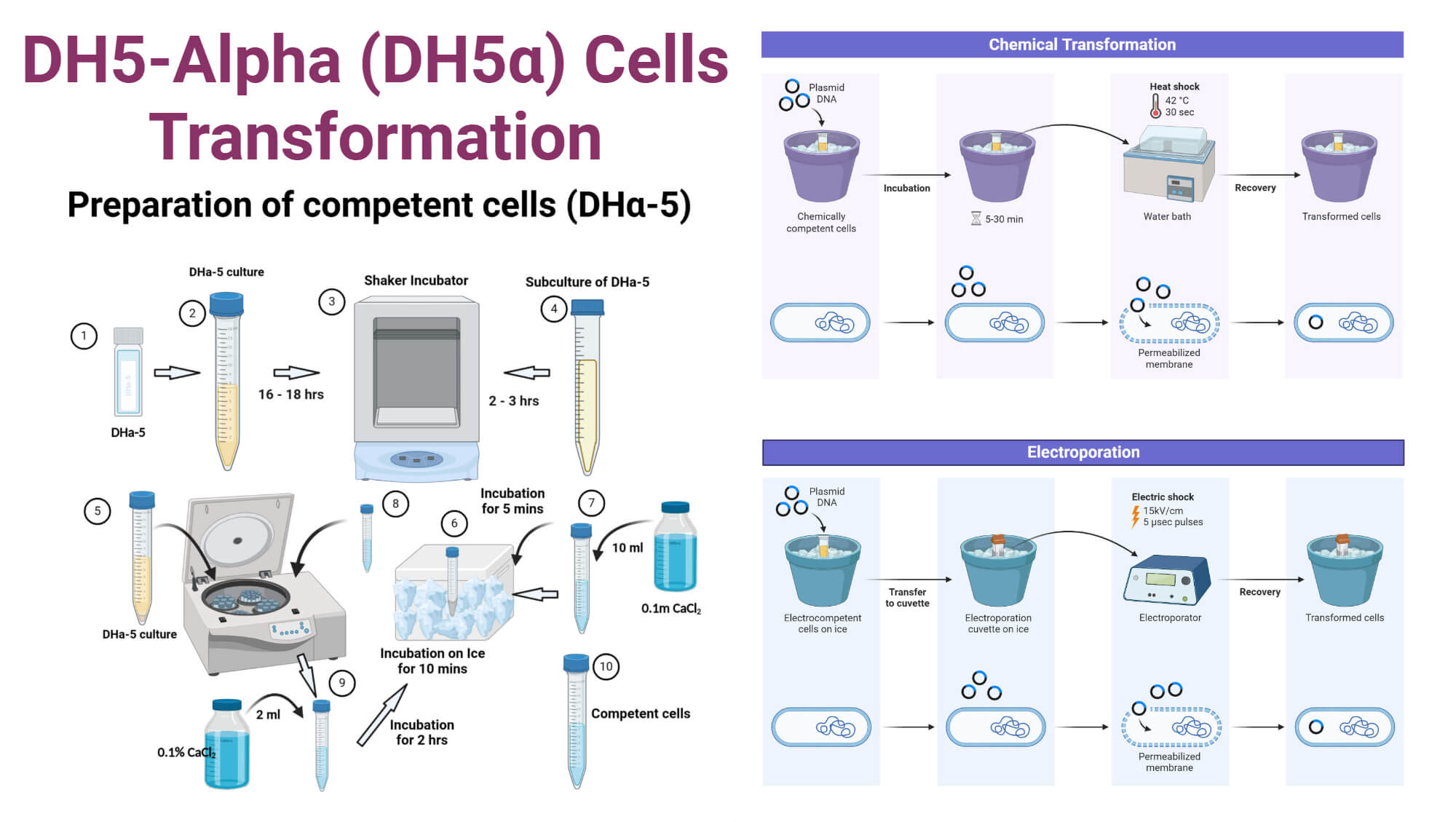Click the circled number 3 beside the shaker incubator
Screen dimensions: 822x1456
(x=331, y=301)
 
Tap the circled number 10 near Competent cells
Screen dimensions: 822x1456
(x=606, y=666)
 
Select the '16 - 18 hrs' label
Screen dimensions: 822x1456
(x=290, y=394)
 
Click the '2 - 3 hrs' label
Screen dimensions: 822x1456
(x=513, y=400)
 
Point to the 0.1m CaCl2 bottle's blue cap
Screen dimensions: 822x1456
(x=675, y=507)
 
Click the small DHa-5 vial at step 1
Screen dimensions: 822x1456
(x=128, y=373)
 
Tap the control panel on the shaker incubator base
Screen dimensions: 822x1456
(x=416, y=459)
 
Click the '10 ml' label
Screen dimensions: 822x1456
(x=627, y=548)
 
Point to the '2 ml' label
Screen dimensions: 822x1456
(x=268, y=714)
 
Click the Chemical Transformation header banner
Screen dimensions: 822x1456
(x=1082, y=44)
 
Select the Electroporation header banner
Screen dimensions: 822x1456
(x=1083, y=452)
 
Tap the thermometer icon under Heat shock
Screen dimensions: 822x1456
(x=1155, y=106)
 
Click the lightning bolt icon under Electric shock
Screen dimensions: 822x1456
(x=1135, y=516)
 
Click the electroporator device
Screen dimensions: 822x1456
(x=1166, y=580)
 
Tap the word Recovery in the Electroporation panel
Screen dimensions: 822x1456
(x=1259, y=592)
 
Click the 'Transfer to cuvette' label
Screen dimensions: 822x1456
(x=907, y=597)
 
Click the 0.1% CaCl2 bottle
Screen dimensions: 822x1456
(x=226, y=746)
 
